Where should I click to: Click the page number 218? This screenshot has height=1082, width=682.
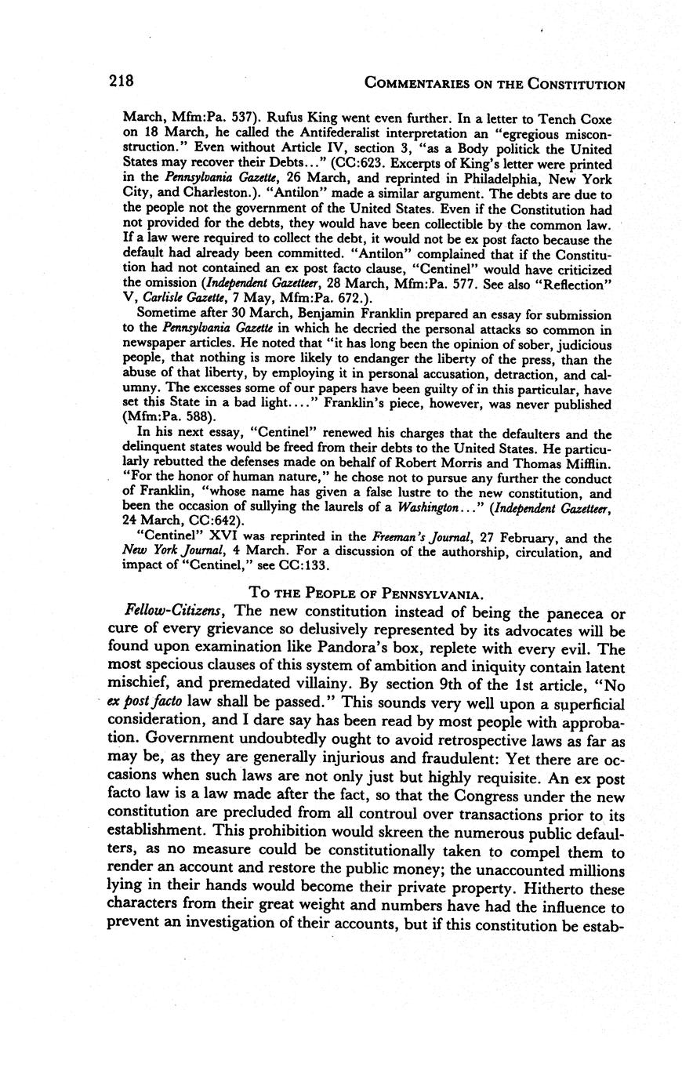[122, 82]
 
